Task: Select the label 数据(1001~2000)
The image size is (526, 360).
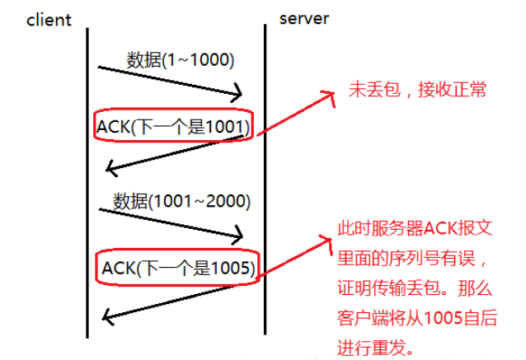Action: tap(182, 199)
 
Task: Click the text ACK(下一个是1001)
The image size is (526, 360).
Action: tap(174, 126)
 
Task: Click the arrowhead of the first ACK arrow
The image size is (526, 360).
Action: tap(112, 168)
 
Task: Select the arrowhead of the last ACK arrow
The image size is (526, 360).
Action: tap(108, 316)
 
